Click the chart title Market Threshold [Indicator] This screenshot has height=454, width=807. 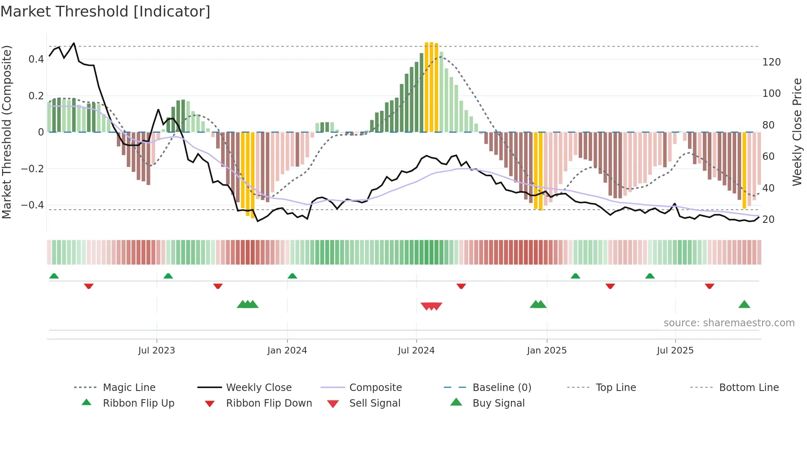coord(105,12)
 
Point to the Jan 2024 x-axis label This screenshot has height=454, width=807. coord(287,351)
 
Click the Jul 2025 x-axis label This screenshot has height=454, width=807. coord(675,351)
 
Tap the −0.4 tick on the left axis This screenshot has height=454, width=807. coord(33,205)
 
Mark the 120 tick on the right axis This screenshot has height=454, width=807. coord(771,62)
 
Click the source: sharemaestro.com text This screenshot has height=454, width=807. coord(729,323)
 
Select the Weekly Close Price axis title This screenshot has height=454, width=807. coord(797,132)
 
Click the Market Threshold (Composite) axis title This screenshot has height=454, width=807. coord(7,132)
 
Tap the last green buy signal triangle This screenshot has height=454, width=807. coord(744,305)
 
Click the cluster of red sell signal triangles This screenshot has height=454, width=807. coord(431,306)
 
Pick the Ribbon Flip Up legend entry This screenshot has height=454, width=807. coord(138,403)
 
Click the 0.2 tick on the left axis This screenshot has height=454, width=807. coord(36,96)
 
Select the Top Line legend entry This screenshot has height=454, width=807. coord(616,388)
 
